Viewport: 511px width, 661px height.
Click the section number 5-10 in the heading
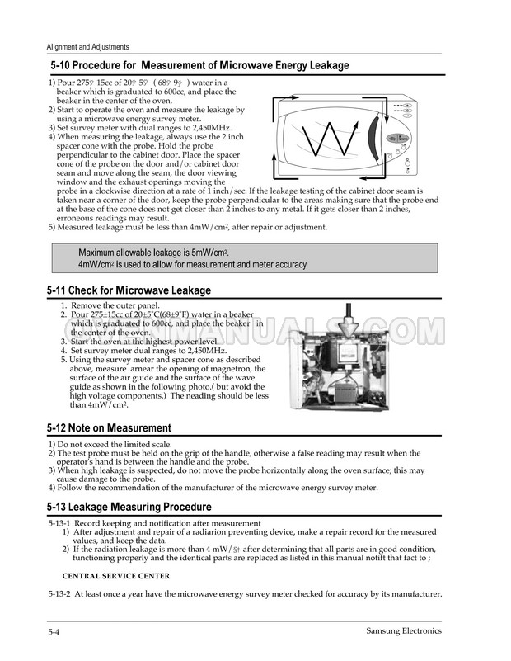coord(63,65)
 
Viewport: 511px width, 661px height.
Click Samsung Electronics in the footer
coord(404,631)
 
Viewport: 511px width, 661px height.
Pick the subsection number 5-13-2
coord(62,595)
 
